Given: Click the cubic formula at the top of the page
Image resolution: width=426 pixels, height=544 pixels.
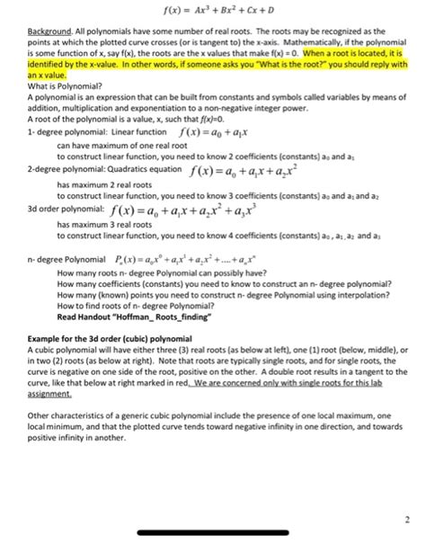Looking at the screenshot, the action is [213, 12].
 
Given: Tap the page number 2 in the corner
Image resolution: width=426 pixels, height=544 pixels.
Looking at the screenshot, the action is [405, 517].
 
